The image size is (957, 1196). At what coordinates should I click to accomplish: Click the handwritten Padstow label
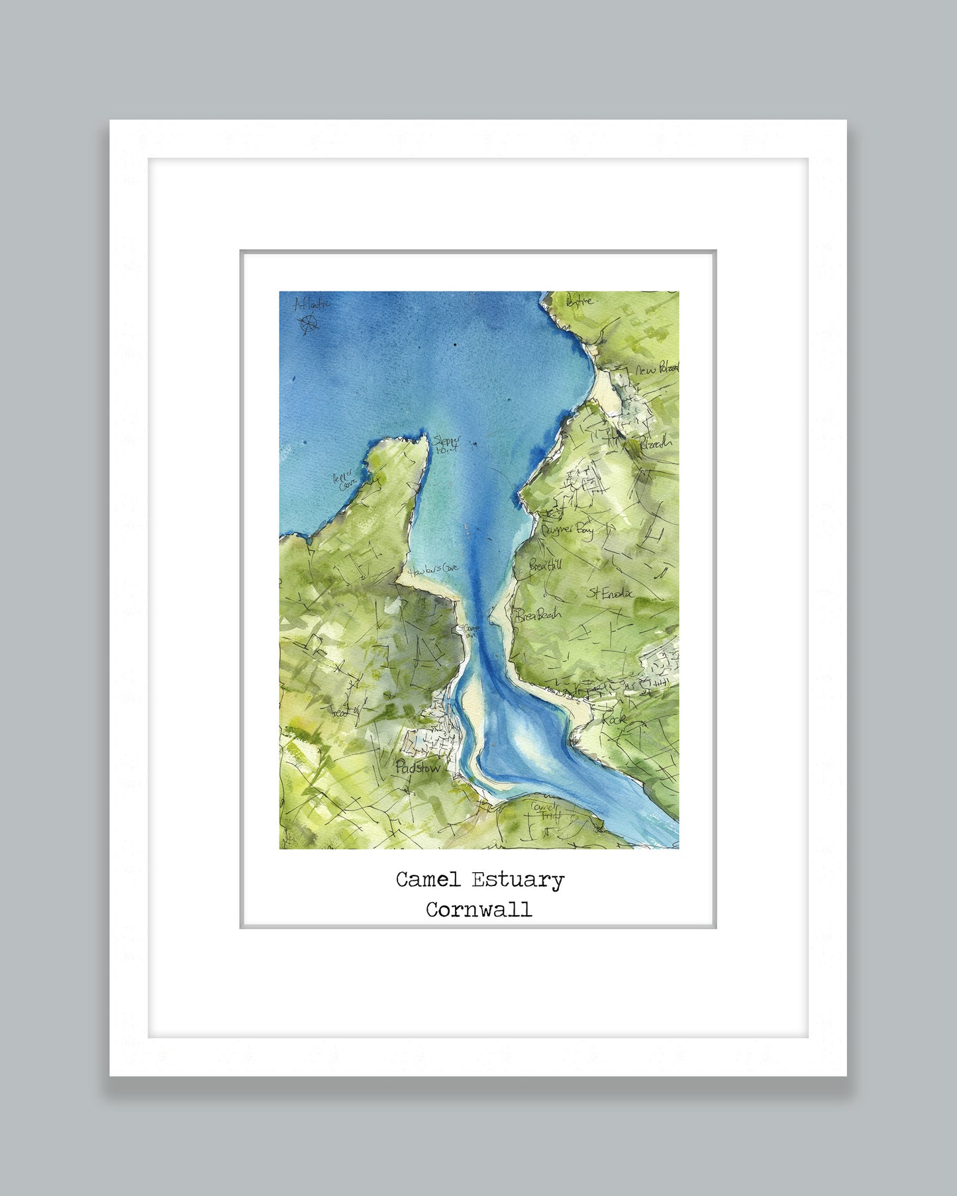pos(417,768)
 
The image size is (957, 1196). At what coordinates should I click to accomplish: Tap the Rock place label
pos(613,719)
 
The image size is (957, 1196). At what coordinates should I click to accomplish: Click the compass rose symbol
pos(308,324)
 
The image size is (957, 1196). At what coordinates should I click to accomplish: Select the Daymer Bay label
pos(568,530)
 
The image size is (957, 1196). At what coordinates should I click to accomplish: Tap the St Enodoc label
pos(610,593)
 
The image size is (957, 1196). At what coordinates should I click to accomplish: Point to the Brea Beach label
pos(538,615)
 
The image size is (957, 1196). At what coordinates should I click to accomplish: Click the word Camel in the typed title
pos(428,880)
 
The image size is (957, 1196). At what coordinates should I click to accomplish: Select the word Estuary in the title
pos(517,881)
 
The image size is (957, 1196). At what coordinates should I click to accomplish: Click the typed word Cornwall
pos(478,910)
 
